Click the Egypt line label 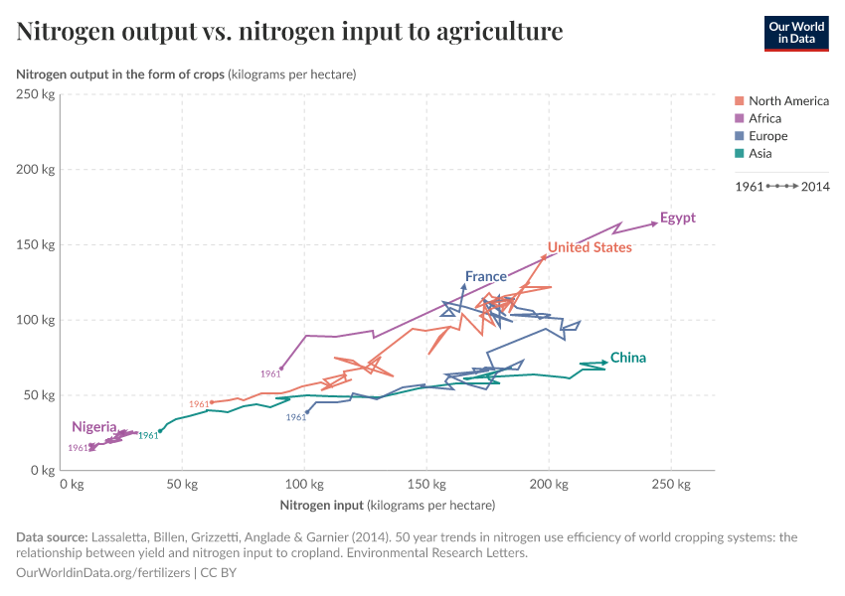click(x=677, y=219)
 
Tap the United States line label click(x=590, y=247)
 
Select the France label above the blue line click(x=485, y=276)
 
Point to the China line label click(x=628, y=358)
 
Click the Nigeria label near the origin click(x=93, y=427)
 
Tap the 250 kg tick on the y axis click(x=35, y=94)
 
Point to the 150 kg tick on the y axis click(x=35, y=244)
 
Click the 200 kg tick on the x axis click(x=549, y=485)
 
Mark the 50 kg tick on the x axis click(x=183, y=485)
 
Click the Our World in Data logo click(x=796, y=32)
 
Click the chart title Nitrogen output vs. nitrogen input click(x=289, y=32)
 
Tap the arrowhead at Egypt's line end click(x=654, y=223)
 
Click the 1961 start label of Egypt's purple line click(x=270, y=374)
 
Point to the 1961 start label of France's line click(x=296, y=418)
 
